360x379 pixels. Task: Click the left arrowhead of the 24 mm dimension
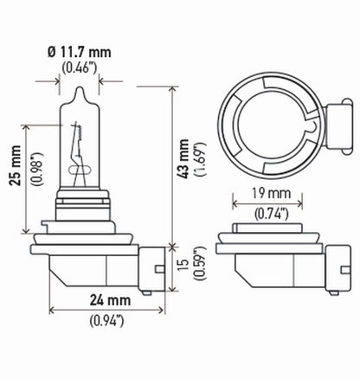[54, 309]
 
